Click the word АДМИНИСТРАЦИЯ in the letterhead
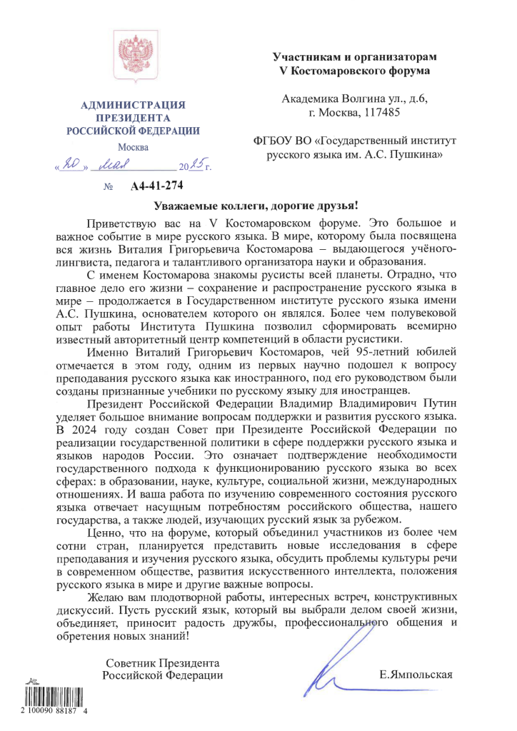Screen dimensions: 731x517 pyautogui.click(x=134, y=106)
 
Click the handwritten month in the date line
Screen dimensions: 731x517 pyautogui.click(x=119, y=167)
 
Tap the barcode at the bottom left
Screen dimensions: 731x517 pyautogui.click(x=47, y=697)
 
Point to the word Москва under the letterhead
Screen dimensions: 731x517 pyautogui.click(x=133, y=147)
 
